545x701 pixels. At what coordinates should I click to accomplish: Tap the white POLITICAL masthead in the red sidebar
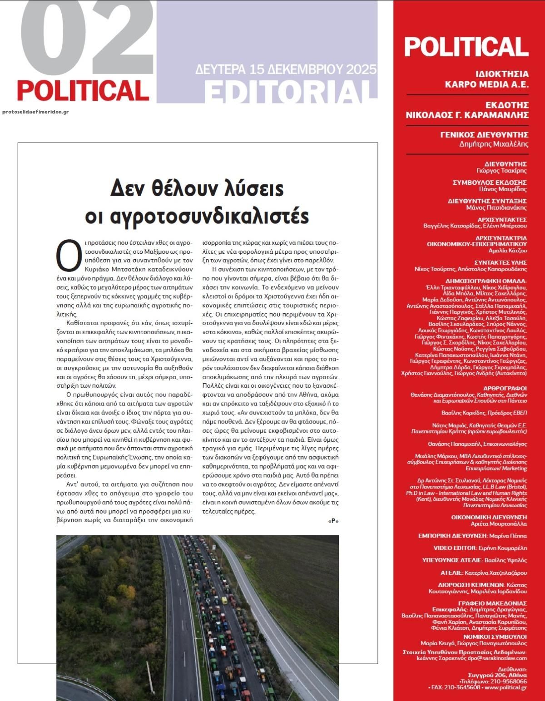(x=466, y=46)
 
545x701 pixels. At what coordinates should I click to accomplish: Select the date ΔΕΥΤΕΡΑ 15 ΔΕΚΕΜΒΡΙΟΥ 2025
(x=286, y=69)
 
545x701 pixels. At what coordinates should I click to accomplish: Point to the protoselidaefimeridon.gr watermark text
(x=35, y=112)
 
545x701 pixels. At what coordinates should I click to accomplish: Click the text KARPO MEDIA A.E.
(x=486, y=84)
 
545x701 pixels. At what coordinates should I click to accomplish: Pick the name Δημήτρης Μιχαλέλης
(x=494, y=144)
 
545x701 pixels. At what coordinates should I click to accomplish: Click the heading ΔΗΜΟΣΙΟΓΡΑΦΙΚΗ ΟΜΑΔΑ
(x=486, y=281)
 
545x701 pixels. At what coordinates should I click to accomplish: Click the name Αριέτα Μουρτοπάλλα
(x=498, y=523)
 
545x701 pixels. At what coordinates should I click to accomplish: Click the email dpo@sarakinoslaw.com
(x=497, y=658)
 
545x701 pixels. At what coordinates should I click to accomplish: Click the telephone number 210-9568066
(x=509, y=681)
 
